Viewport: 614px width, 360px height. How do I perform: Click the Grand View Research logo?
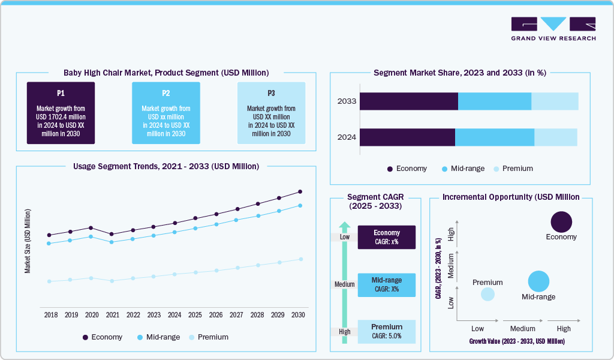point(553,29)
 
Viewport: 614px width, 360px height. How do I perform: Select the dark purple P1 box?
point(61,113)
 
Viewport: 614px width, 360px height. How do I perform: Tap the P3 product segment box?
point(271,113)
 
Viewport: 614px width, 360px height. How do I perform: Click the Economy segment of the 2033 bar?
point(408,101)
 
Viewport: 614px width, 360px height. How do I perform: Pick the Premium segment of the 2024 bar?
point(555,137)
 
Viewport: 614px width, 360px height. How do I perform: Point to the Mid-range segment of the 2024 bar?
point(494,137)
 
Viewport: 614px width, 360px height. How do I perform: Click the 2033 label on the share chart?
point(347,101)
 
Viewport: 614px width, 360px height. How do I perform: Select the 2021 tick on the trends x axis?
point(112,315)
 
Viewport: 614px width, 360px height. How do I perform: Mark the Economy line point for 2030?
point(300,192)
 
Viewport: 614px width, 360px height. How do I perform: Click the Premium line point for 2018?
point(49,281)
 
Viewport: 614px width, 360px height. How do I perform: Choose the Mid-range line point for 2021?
point(112,242)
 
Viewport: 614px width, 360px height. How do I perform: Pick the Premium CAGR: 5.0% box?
point(386,331)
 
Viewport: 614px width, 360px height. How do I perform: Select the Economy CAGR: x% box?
point(386,237)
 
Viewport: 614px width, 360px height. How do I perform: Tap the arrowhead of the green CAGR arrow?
point(344,226)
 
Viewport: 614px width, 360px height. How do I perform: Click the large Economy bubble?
point(561,222)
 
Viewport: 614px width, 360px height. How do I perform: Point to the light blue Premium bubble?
point(487,294)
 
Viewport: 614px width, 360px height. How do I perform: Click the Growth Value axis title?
point(516,341)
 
